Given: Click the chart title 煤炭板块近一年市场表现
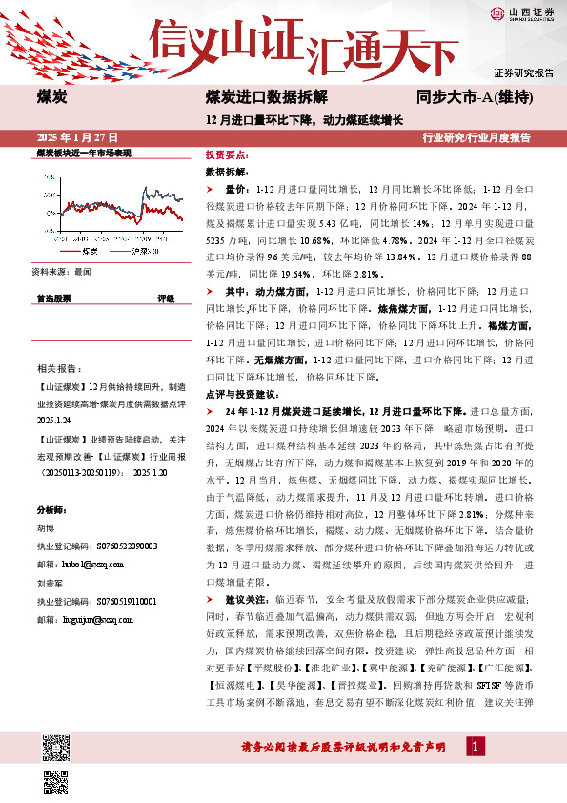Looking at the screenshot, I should pos(83,153).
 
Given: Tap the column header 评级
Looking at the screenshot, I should pos(166,299).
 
